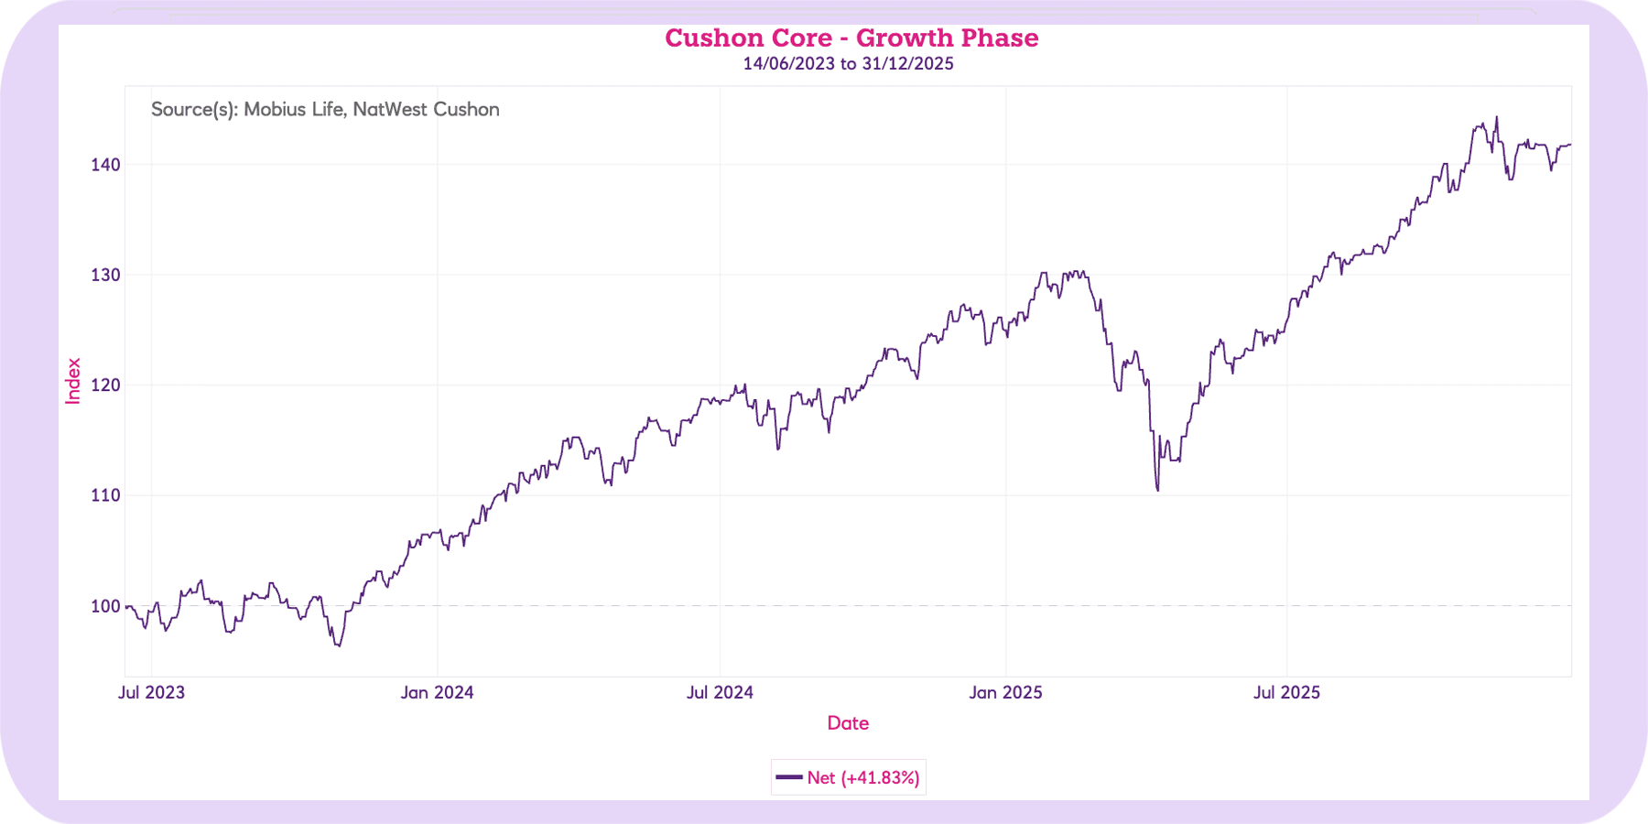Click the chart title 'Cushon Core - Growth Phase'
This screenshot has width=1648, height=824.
tap(851, 38)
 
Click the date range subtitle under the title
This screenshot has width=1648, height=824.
tap(848, 64)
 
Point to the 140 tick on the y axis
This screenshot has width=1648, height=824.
tap(105, 165)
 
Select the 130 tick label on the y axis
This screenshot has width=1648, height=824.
tap(105, 275)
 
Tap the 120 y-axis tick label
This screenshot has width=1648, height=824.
tap(105, 385)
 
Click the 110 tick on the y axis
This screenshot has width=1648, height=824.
tap(105, 495)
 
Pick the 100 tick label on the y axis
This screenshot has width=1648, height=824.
tap(105, 606)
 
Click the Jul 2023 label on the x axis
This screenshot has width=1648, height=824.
tap(151, 692)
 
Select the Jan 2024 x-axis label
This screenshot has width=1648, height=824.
tap(437, 692)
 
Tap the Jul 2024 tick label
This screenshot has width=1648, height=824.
tap(720, 692)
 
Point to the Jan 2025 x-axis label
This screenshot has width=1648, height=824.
tap(1005, 692)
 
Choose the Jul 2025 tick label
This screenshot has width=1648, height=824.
tap(1286, 692)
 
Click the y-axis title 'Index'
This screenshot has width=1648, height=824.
tap(73, 381)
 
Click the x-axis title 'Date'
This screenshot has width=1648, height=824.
tap(848, 723)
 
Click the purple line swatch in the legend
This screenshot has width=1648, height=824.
tap(788, 777)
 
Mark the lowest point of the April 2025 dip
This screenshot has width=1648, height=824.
tap(1158, 490)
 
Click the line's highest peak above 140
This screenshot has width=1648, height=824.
tap(1497, 117)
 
